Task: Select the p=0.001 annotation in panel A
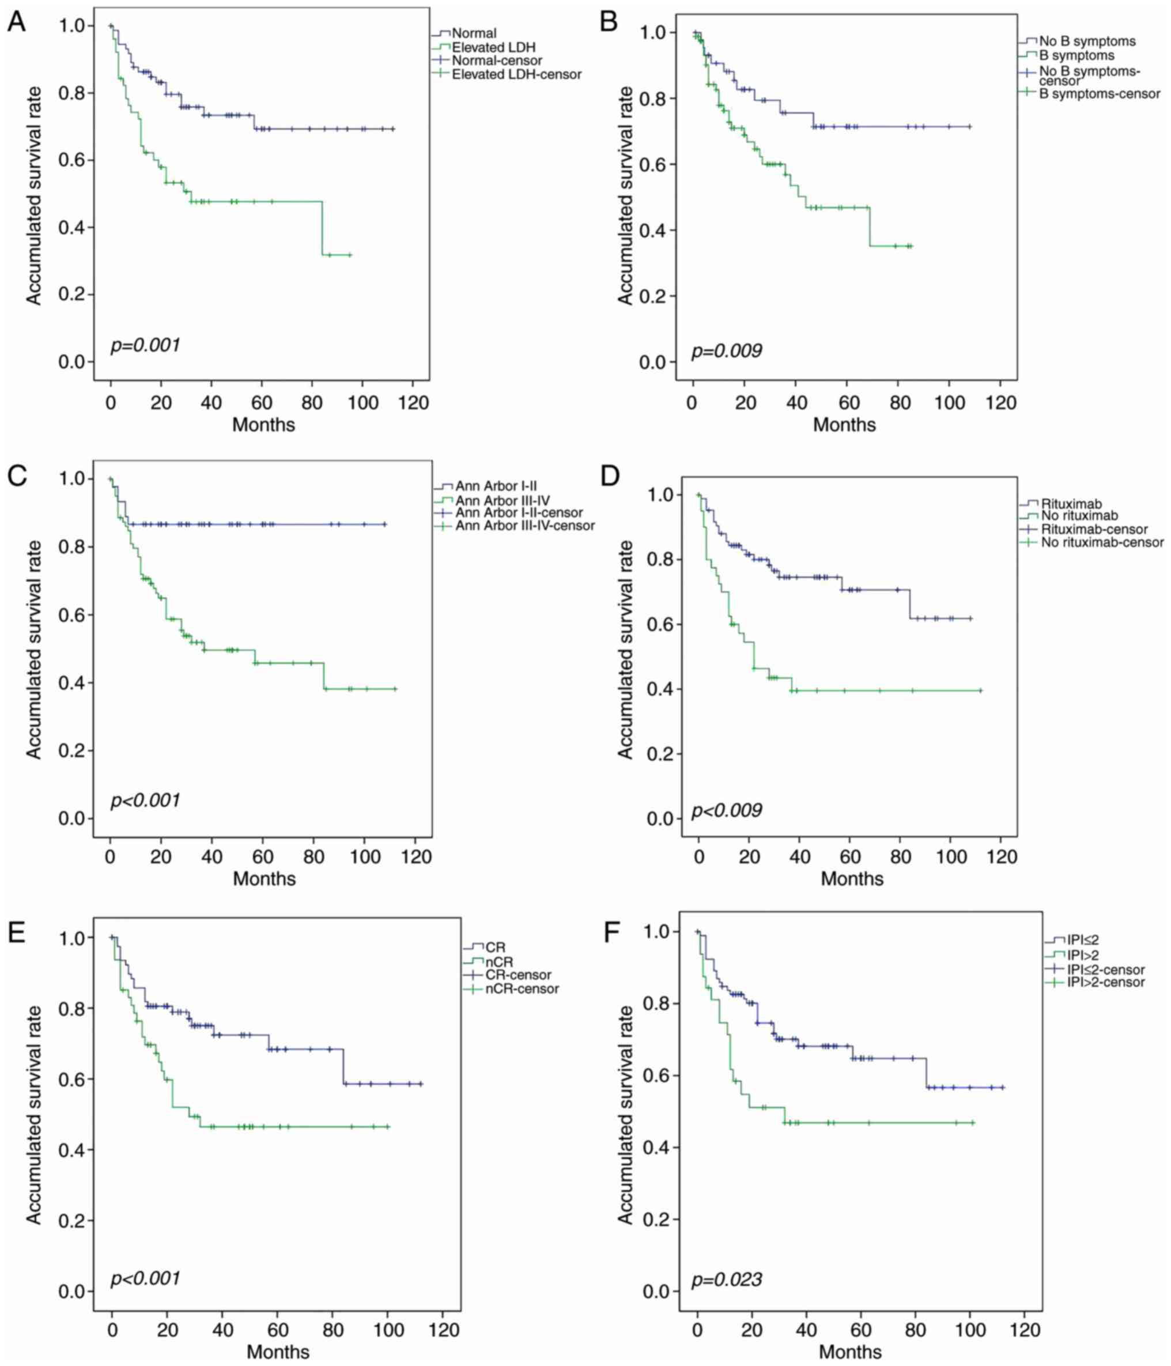pyautogui.click(x=145, y=345)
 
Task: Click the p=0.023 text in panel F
pyautogui.click(x=726, y=1280)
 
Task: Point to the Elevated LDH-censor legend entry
pyautogui.click(x=516, y=74)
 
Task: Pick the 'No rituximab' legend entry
pyautogui.click(x=1079, y=515)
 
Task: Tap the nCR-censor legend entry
pyautogui.click(x=522, y=988)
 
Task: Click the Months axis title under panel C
pyautogui.click(x=264, y=878)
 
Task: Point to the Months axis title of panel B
pyautogui.click(x=844, y=425)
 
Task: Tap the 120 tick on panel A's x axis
pyautogui.click(x=413, y=402)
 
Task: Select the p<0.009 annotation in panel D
pyautogui.click(x=726, y=810)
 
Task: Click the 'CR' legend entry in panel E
pyautogui.click(x=495, y=948)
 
